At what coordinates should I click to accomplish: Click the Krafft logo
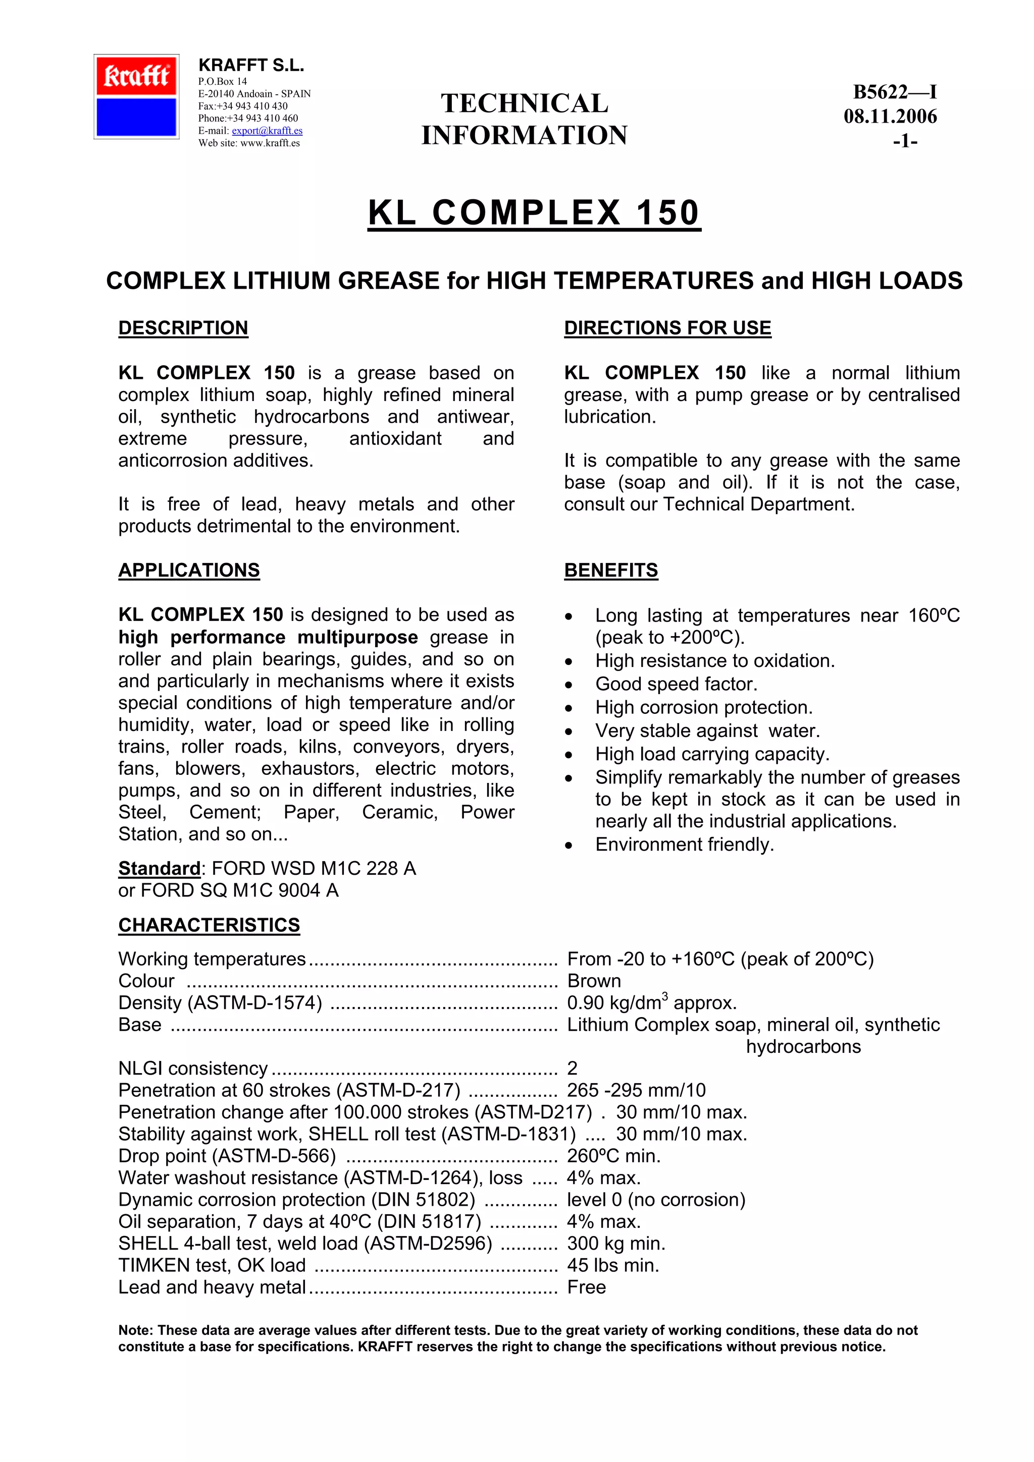[136, 97]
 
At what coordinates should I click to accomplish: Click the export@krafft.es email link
[267, 131]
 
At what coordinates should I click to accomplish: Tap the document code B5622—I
[895, 92]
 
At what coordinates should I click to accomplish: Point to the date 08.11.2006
[890, 117]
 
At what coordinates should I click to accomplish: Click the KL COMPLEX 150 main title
[534, 213]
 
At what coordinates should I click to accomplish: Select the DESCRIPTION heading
[183, 328]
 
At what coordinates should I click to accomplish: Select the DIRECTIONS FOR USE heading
[667, 328]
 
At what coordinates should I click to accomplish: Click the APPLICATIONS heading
[189, 570]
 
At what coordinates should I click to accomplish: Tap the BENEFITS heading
[610, 570]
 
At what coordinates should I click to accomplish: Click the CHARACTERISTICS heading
[209, 925]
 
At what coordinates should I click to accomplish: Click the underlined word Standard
[159, 869]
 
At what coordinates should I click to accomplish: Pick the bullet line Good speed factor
[676, 684]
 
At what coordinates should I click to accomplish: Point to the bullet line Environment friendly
[684, 845]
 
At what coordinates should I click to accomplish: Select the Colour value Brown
[594, 981]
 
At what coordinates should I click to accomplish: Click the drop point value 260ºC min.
[613, 1156]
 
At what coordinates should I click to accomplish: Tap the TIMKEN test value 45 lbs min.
[613, 1265]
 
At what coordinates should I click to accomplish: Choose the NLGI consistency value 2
[572, 1068]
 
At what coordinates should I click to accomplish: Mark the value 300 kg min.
[615, 1243]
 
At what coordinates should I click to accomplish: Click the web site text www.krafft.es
[270, 143]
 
